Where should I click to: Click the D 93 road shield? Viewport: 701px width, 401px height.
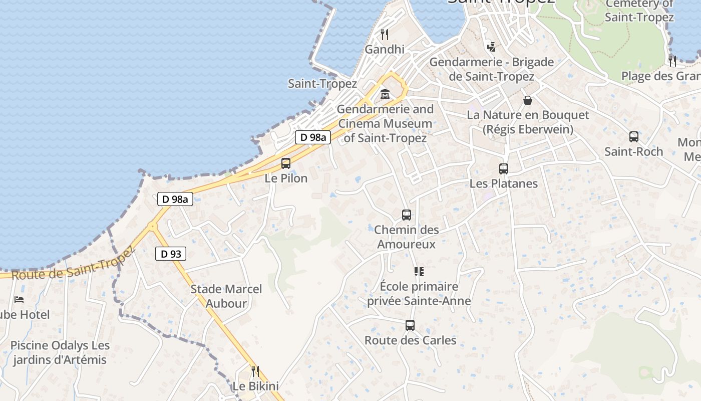click(x=170, y=254)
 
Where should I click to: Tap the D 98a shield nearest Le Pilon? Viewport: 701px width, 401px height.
click(x=313, y=137)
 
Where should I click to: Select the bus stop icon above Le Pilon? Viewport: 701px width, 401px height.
click(x=286, y=163)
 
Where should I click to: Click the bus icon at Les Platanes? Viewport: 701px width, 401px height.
click(x=504, y=169)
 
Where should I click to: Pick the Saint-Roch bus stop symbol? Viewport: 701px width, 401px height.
click(x=634, y=137)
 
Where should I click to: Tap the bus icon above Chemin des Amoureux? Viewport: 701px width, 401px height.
click(x=407, y=215)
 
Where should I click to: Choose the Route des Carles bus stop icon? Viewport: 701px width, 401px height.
click(x=410, y=325)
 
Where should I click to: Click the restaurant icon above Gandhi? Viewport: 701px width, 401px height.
click(x=385, y=35)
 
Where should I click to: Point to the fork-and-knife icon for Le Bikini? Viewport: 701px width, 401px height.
click(x=255, y=371)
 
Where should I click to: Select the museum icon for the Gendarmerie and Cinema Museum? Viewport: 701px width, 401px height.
click(x=385, y=94)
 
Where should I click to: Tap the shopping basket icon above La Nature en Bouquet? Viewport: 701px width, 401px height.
click(x=528, y=100)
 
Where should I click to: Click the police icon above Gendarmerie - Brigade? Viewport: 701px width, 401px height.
click(x=492, y=47)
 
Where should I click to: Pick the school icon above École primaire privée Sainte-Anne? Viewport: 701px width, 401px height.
click(x=419, y=272)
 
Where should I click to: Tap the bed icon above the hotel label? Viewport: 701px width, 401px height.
click(x=19, y=300)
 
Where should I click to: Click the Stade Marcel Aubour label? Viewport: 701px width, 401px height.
click(x=226, y=296)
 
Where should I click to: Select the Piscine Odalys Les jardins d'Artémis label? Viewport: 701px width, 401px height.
click(x=60, y=352)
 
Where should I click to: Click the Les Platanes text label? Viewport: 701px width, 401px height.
click(x=504, y=183)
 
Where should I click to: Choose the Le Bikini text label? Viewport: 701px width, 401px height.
click(x=255, y=386)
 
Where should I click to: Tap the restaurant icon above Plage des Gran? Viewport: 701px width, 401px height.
click(x=672, y=61)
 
